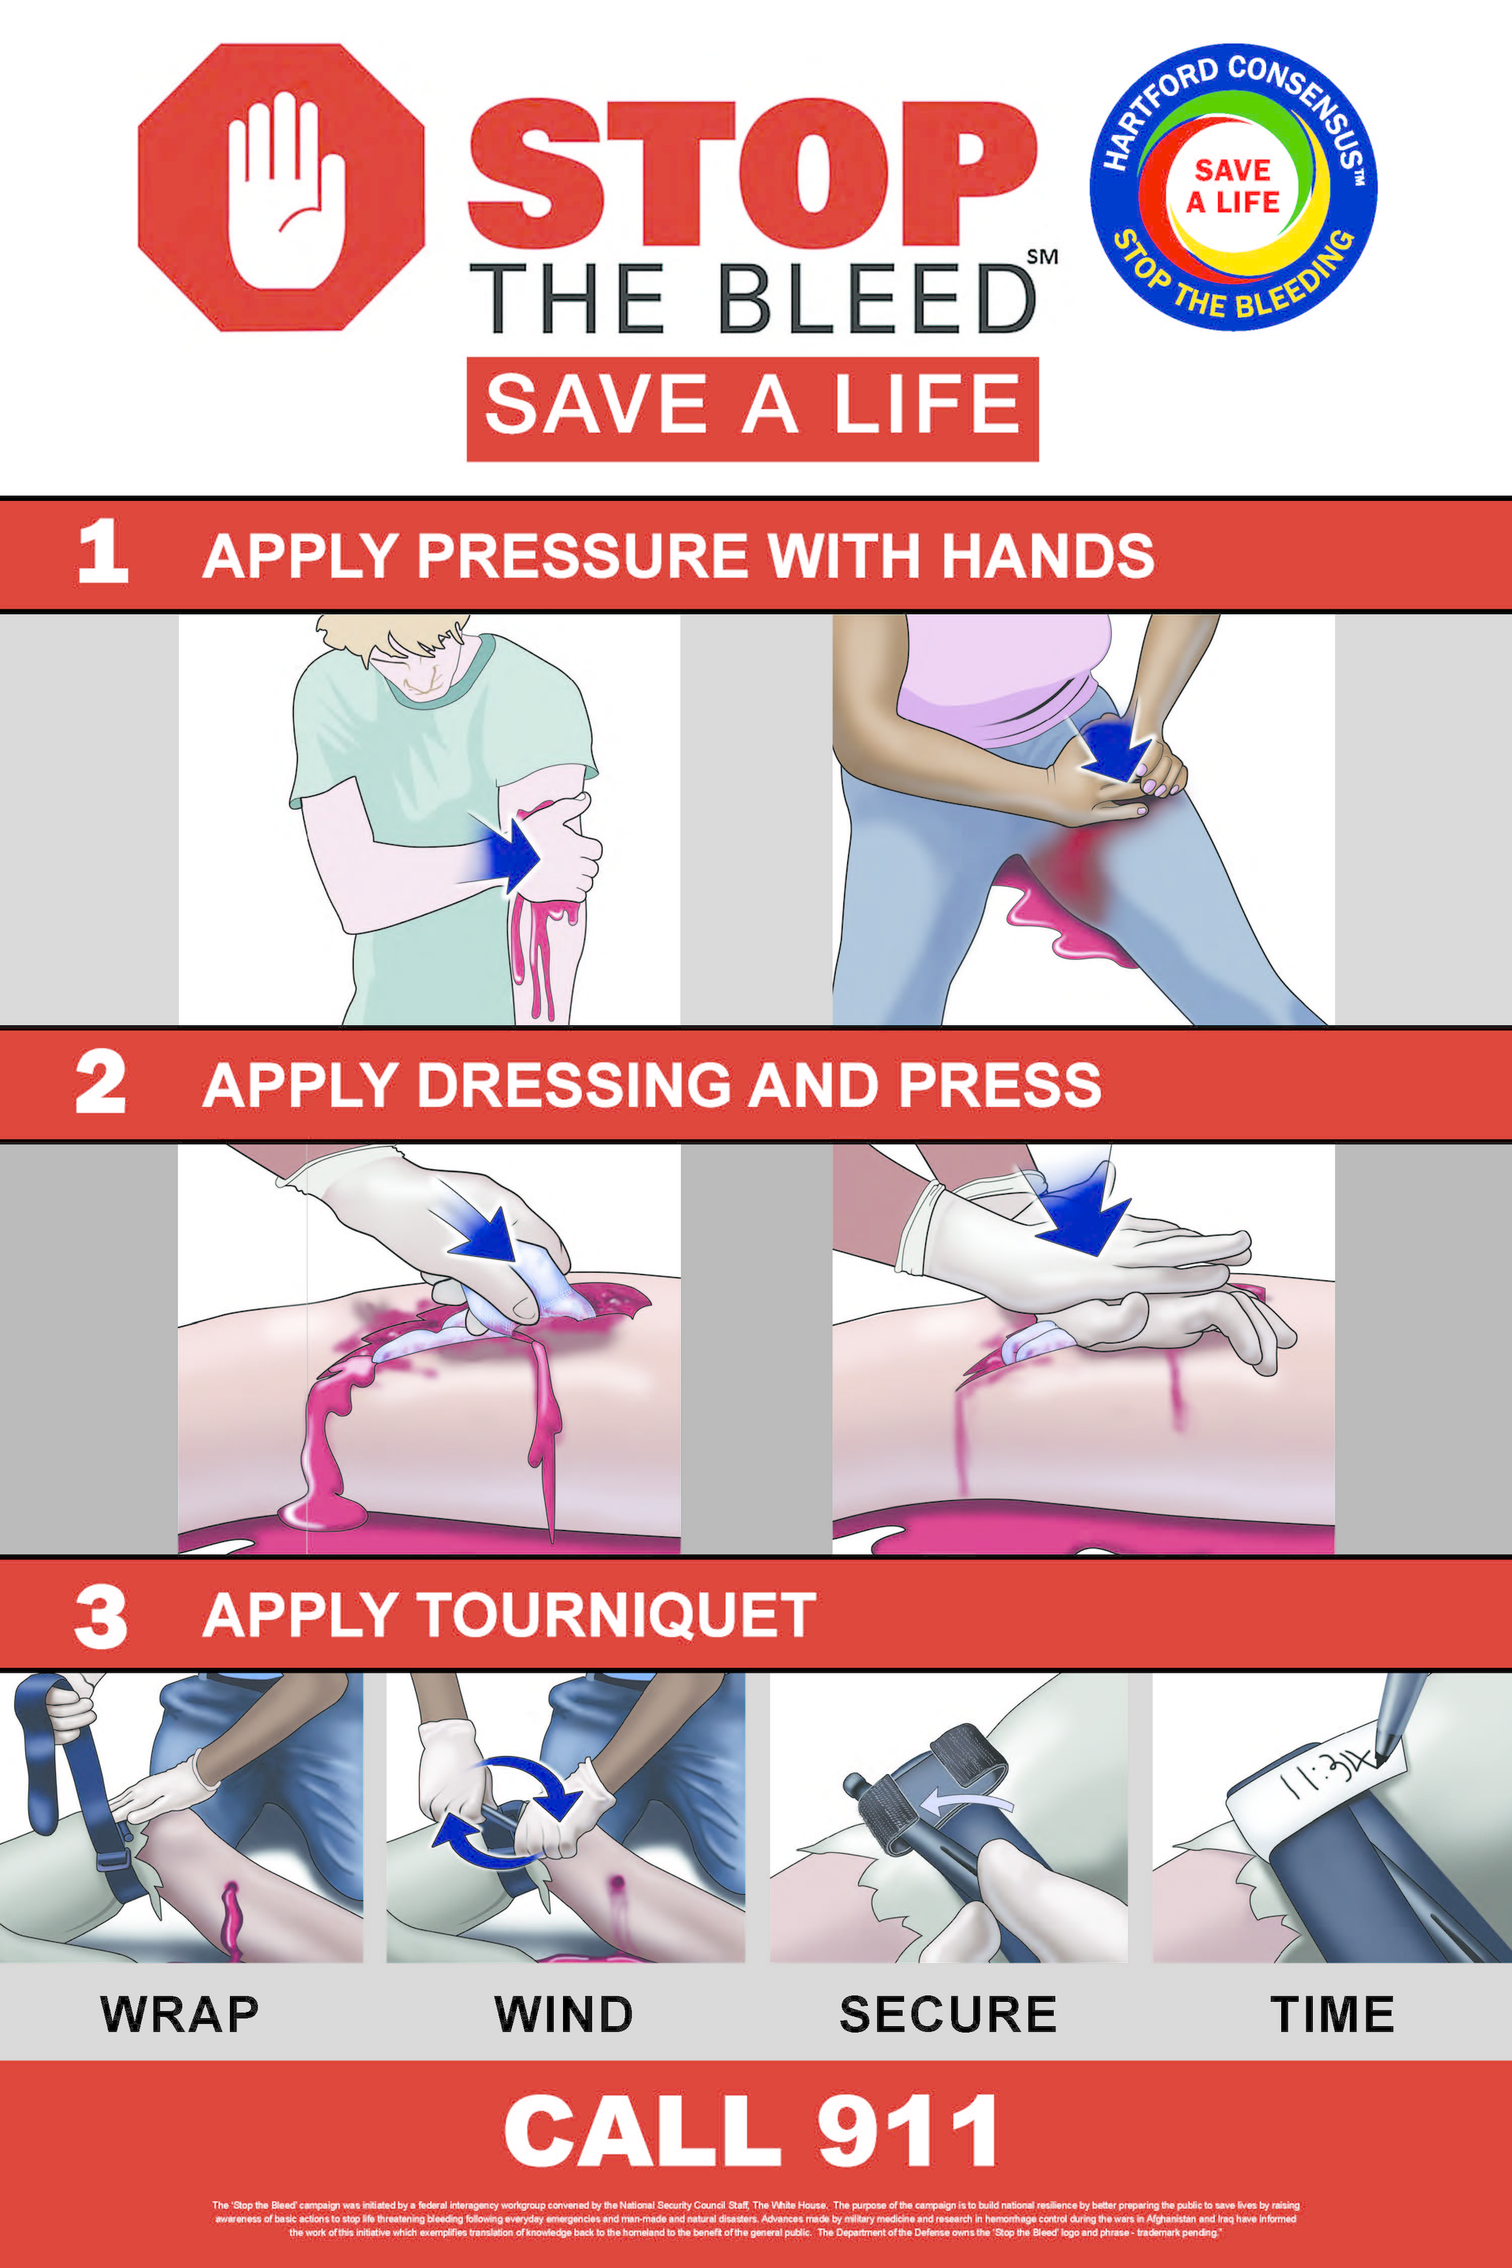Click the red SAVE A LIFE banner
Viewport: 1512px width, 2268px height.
[752, 408]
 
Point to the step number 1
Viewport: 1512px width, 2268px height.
[102, 553]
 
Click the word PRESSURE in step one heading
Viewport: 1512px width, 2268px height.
[581, 557]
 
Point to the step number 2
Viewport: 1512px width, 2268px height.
[100, 1083]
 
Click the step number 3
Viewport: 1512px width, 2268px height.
[100, 1617]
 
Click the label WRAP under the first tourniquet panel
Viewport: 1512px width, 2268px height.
[180, 2014]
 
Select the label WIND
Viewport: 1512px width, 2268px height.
[563, 2014]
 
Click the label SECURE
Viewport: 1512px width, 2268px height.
[948, 2014]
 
